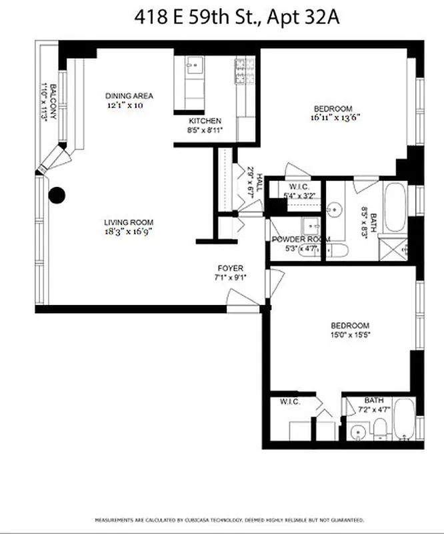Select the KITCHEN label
(205, 121)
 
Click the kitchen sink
(194, 65)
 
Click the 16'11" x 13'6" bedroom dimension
(333, 118)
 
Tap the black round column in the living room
(58, 195)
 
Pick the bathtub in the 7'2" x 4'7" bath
(403, 419)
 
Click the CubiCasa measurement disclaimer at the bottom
(230, 519)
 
